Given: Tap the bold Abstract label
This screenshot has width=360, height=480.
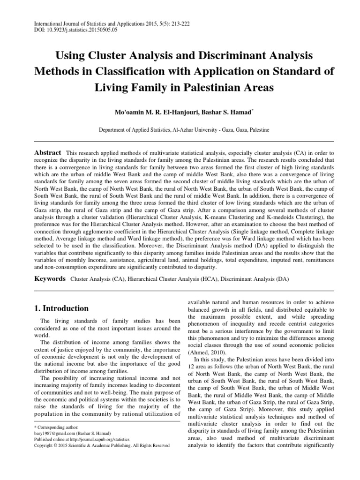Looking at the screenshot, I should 47,153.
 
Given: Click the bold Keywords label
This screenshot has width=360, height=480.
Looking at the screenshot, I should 50,278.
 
